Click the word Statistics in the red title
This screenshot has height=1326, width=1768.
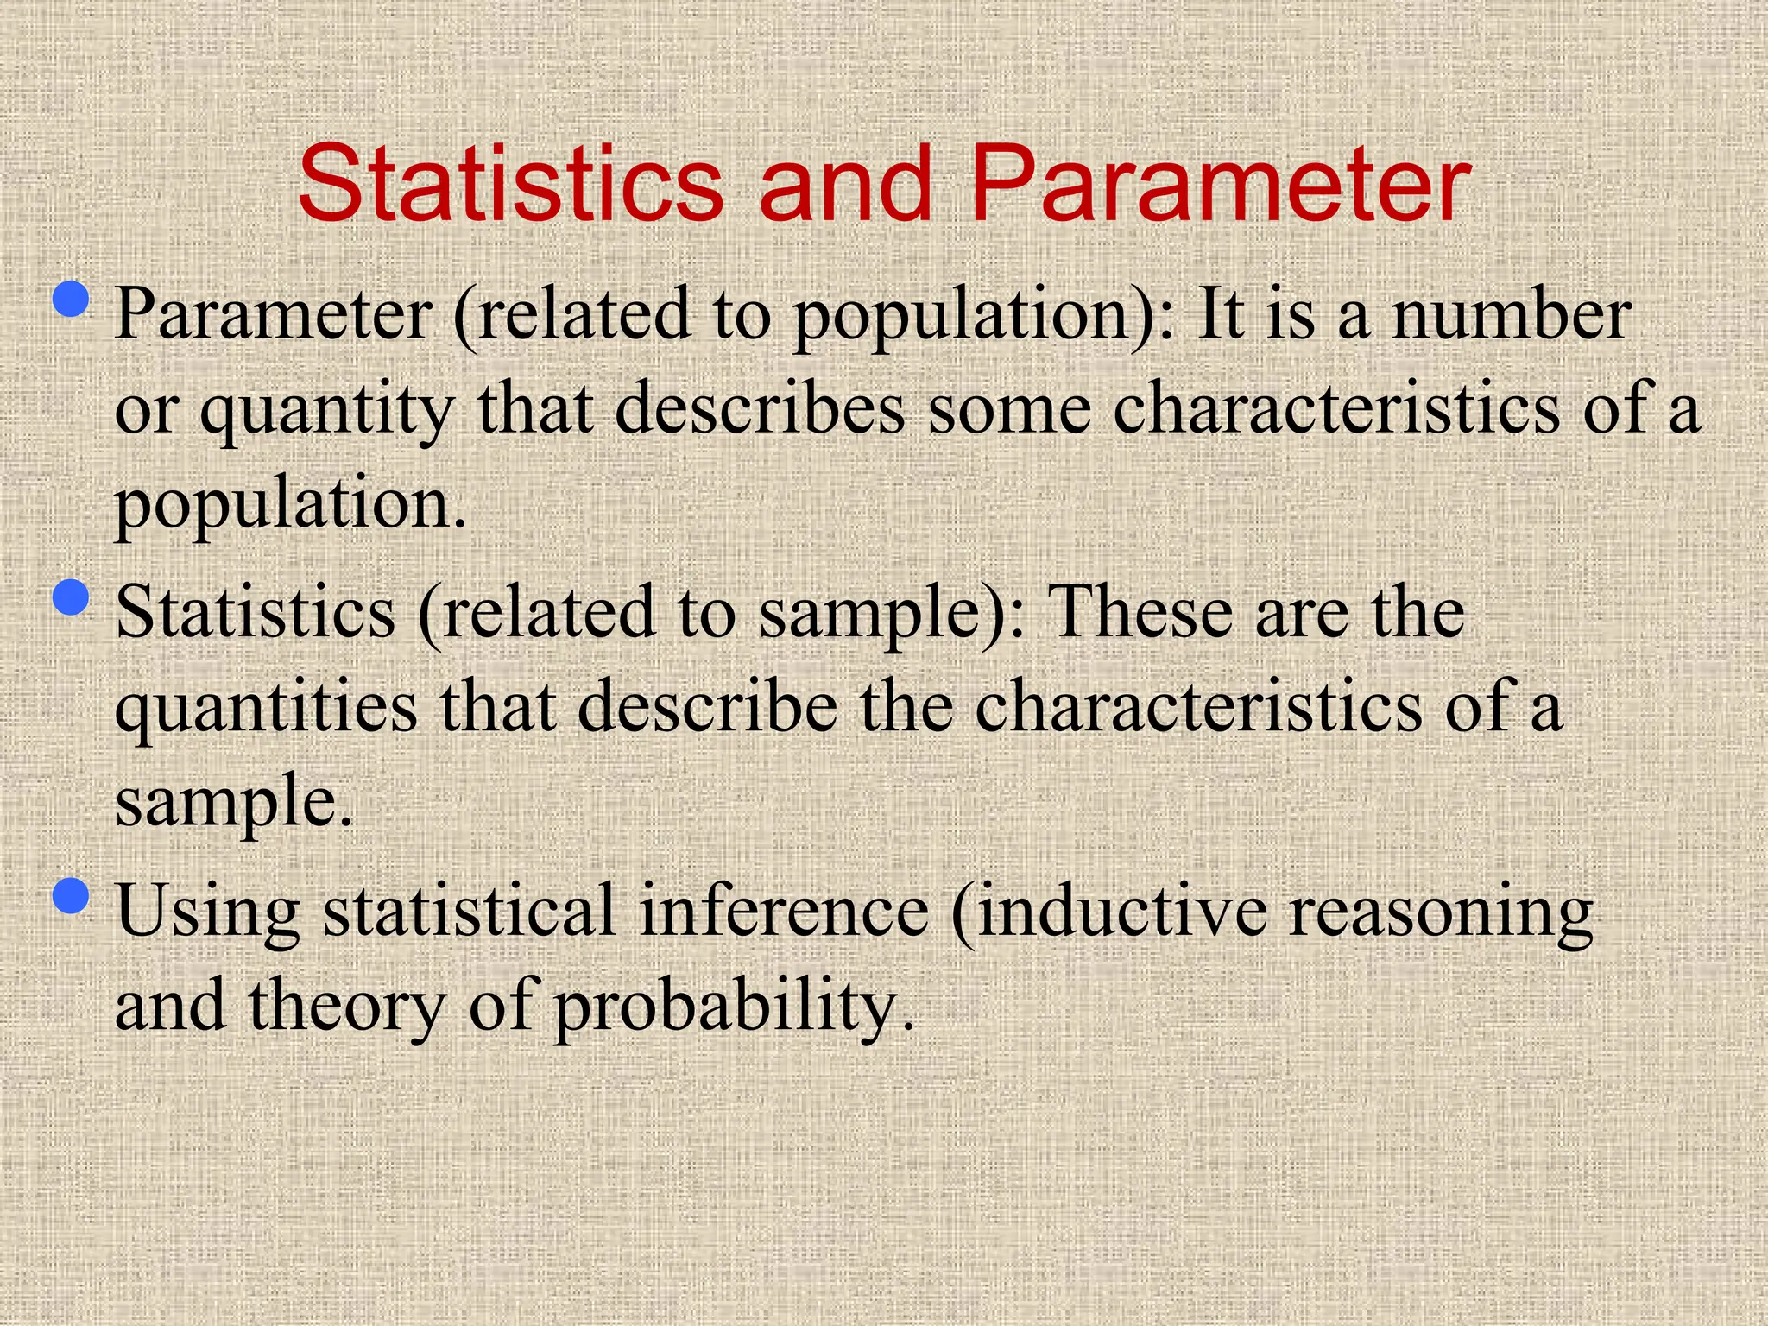(x=510, y=184)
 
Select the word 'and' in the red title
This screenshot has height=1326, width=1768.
(x=846, y=184)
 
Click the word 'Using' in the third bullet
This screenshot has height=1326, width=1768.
(x=207, y=913)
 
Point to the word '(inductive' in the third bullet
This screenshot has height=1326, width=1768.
(x=1108, y=912)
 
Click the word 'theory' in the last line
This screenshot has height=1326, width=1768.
(x=346, y=1008)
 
